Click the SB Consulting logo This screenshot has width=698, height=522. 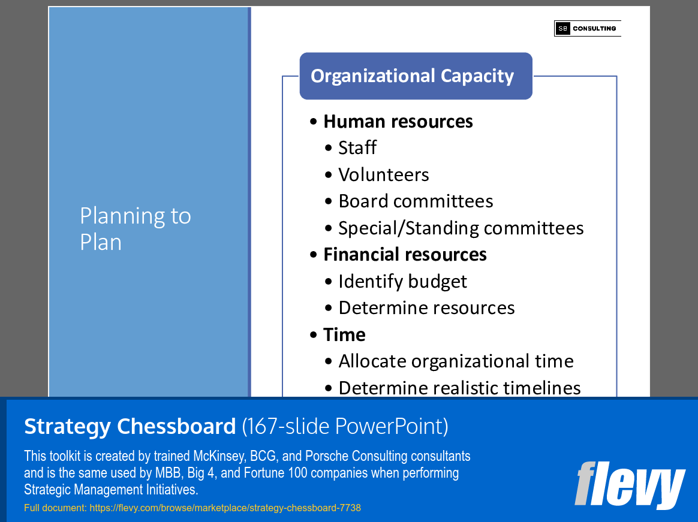tap(587, 28)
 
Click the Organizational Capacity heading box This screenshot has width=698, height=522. tap(416, 76)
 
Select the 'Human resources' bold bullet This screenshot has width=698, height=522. tap(398, 122)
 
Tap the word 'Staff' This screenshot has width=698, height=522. tap(357, 148)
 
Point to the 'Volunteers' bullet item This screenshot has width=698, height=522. tap(383, 175)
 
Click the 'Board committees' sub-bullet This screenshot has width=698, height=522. tap(415, 201)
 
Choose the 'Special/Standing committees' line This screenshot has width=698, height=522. tap(461, 228)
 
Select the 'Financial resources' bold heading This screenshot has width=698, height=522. tap(405, 255)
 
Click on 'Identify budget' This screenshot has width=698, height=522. tap(402, 281)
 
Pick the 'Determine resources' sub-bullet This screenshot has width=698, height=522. tap(426, 308)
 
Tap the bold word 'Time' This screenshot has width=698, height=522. tap(344, 334)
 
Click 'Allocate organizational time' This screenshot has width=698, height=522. tap(456, 361)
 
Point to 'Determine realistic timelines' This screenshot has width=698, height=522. tap(459, 388)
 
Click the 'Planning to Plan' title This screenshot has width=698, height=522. tap(136, 228)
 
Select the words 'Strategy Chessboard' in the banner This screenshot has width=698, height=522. tap(130, 427)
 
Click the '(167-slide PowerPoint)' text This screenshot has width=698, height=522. tap(345, 427)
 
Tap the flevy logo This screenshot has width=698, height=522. tap(629, 485)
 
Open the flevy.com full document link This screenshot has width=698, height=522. tap(225, 508)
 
